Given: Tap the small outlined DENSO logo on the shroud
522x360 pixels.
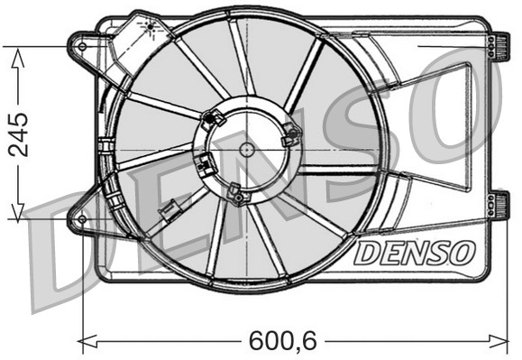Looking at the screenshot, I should [412, 253].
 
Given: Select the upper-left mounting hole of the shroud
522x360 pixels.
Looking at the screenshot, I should [82, 44].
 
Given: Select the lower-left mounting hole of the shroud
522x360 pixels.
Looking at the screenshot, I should [82, 219].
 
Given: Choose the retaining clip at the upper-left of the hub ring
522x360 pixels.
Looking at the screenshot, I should [214, 117].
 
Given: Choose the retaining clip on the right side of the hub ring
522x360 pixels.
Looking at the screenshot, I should [290, 135].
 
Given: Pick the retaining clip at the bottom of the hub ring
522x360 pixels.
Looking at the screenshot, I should [236, 194].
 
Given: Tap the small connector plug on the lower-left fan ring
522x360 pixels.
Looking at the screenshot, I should [167, 214].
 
